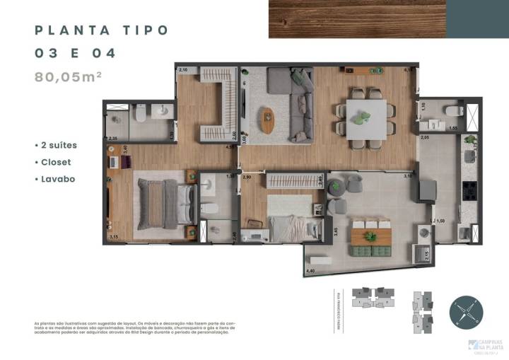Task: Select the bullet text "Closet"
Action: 59,162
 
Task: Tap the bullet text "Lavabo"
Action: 59,179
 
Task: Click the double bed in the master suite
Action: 162,202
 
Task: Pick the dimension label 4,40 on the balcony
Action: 310,271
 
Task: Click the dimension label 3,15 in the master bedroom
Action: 114,237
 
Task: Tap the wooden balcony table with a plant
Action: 372,237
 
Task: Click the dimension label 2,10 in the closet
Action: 182,69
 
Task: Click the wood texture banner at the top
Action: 357,18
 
